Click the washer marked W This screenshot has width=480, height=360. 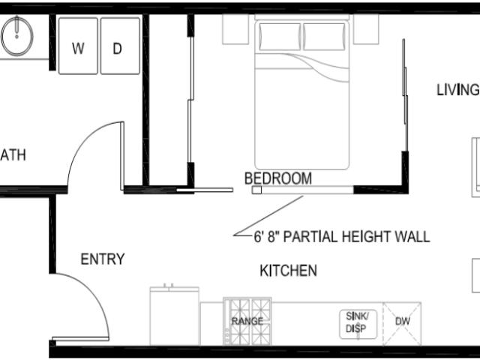pyautogui.click(x=79, y=46)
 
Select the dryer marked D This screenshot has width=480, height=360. pyautogui.click(x=119, y=46)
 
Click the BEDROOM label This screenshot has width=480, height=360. pyautogui.click(x=277, y=178)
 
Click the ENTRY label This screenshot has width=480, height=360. pyautogui.click(x=103, y=259)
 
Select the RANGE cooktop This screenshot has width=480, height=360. pyautogui.click(x=247, y=321)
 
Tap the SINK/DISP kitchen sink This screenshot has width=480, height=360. pyautogui.click(x=356, y=322)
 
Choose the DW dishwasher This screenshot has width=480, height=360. pyautogui.click(x=403, y=322)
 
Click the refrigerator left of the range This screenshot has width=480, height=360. pyautogui.click(x=174, y=316)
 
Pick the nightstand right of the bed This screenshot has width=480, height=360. pyautogui.click(x=366, y=28)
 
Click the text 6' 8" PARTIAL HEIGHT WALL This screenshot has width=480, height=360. pyautogui.click(x=342, y=237)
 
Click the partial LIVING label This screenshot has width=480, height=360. pyautogui.click(x=457, y=91)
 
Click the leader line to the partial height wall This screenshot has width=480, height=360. pyautogui.click(x=270, y=215)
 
